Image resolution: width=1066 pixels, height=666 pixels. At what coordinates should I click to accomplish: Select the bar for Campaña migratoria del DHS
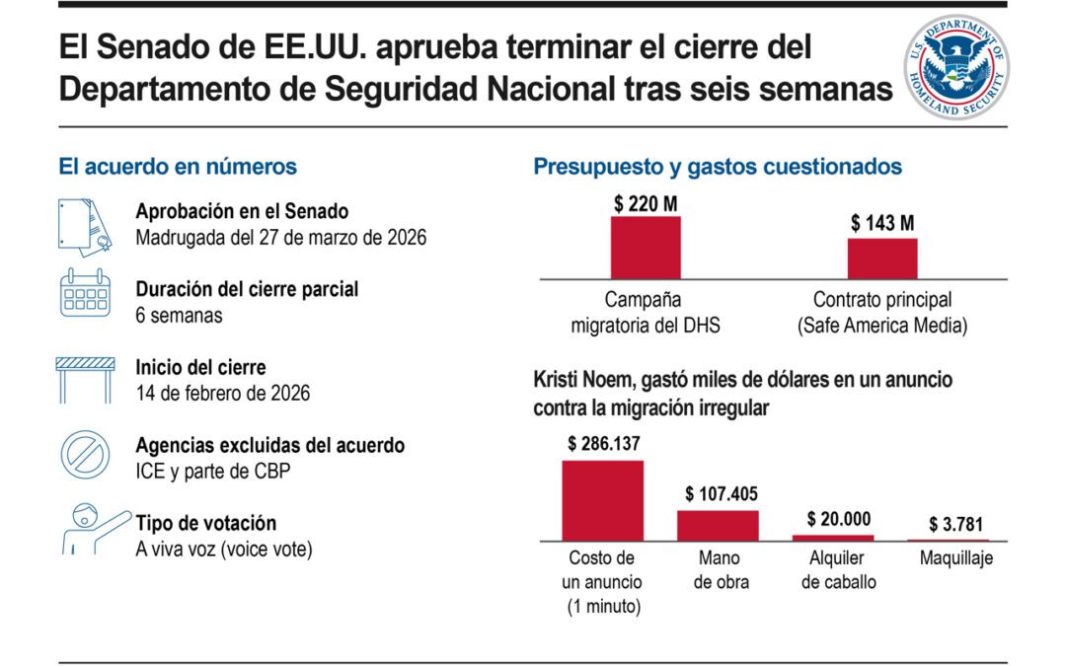click(646, 248)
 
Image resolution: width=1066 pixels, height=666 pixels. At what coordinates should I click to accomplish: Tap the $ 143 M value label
click(882, 224)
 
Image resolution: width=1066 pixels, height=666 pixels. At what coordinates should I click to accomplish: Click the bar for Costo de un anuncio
click(602, 500)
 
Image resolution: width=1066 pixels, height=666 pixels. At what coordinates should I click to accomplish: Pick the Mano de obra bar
click(718, 525)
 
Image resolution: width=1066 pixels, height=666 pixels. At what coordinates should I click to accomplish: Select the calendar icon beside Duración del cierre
click(86, 294)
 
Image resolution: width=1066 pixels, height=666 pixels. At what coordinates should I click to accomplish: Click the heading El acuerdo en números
click(178, 167)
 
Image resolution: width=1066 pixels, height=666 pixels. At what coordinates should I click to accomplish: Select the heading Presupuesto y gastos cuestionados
click(718, 167)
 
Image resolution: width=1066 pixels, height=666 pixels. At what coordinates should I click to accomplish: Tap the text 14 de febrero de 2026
click(223, 393)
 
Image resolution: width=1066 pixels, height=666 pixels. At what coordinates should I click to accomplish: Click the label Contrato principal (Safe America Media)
click(882, 311)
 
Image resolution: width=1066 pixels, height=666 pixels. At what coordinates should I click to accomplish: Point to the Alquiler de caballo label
click(838, 570)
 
